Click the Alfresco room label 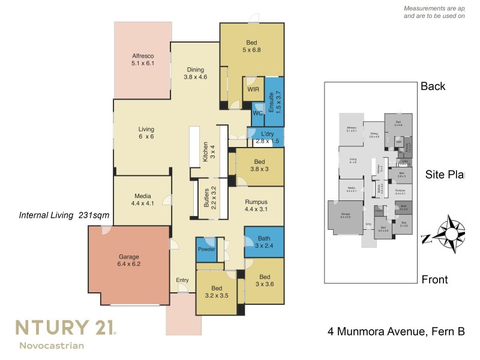coord(143,59)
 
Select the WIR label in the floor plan coord(252,89)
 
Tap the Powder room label coord(206,249)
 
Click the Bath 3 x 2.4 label coord(263,241)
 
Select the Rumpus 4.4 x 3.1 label coord(256,205)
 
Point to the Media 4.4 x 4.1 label coord(142,199)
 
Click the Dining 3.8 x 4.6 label coord(195,73)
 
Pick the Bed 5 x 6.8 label coord(251,46)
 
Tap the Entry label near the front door coord(182,280)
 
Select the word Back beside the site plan coord(433,86)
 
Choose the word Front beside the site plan coord(434,280)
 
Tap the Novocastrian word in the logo coord(52,346)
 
